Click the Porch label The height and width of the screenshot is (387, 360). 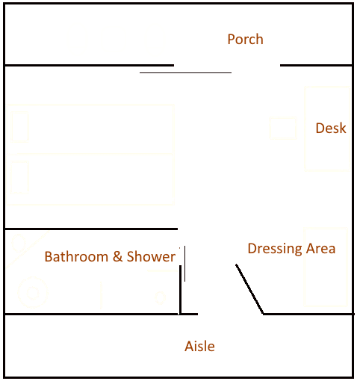coord(245,40)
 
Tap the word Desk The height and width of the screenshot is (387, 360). coord(331,128)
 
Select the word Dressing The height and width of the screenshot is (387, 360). coord(275,249)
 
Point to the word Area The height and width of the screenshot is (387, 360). coord(321,249)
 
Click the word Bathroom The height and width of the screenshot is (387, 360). coord(76,256)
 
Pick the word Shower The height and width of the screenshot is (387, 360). coord(152,256)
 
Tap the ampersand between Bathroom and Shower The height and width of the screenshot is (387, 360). coord(117,256)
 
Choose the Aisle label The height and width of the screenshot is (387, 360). coord(199,346)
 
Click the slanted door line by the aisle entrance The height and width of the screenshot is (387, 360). coord(249,289)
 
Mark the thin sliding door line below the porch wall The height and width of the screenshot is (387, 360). coord(185,72)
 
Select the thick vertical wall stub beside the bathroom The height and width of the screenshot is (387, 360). coord(180,290)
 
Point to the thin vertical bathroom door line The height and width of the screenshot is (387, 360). coord(184,264)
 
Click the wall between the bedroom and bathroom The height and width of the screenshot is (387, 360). coord(91,229)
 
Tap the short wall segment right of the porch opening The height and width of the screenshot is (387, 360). coord(316,66)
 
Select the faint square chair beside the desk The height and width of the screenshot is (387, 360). coord(283,128)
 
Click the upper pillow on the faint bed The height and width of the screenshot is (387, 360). coord(19,127)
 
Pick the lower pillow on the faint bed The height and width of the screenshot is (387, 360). coord(19,177)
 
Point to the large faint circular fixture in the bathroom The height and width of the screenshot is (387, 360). coord(33,292)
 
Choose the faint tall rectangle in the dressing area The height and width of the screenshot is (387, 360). coord(326,267)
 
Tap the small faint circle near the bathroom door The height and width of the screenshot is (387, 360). coord(160,297)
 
